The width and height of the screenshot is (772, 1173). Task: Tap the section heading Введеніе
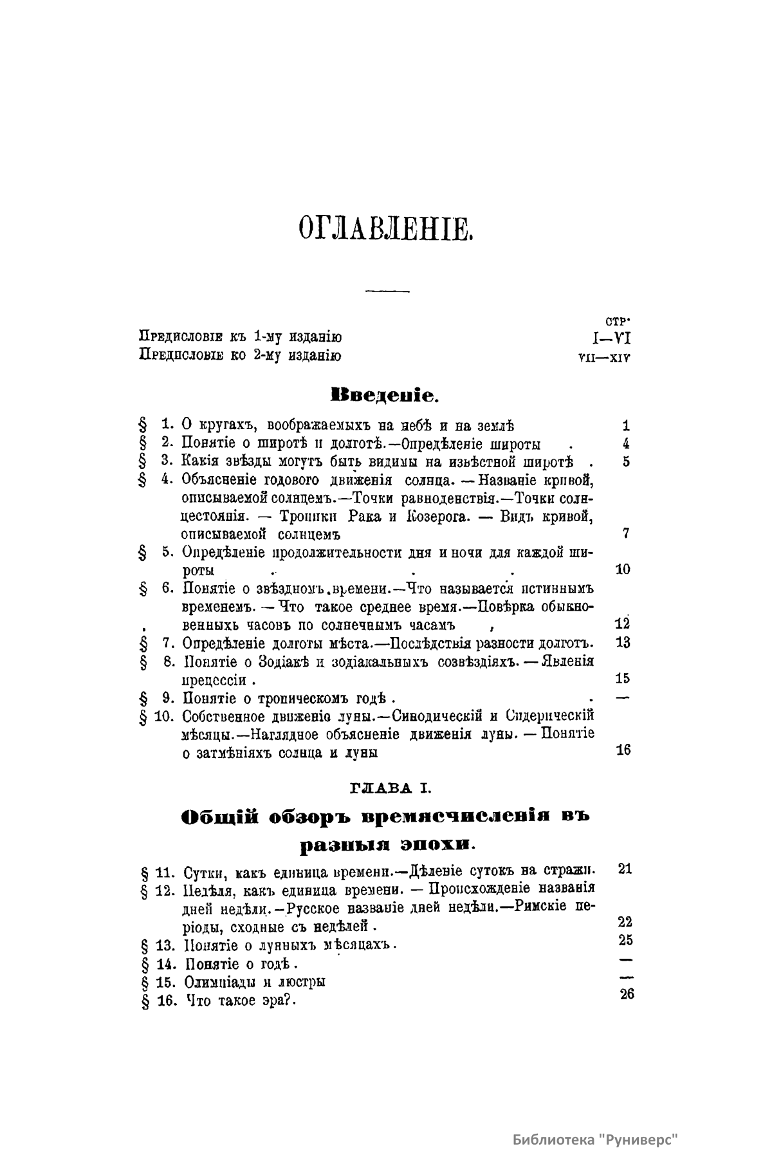click(x=384, y=394)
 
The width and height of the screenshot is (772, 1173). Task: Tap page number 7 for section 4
click(x=625, y=533)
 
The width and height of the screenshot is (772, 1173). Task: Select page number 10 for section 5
click(x=622, y=569)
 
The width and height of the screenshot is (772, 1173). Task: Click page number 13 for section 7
click(x=622, y=642)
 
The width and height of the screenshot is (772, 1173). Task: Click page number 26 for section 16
click(x=627, y=993)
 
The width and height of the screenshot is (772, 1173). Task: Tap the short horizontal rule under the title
click(x=387, y=292)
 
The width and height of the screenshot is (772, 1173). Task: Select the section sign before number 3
click(x=142, y=461)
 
